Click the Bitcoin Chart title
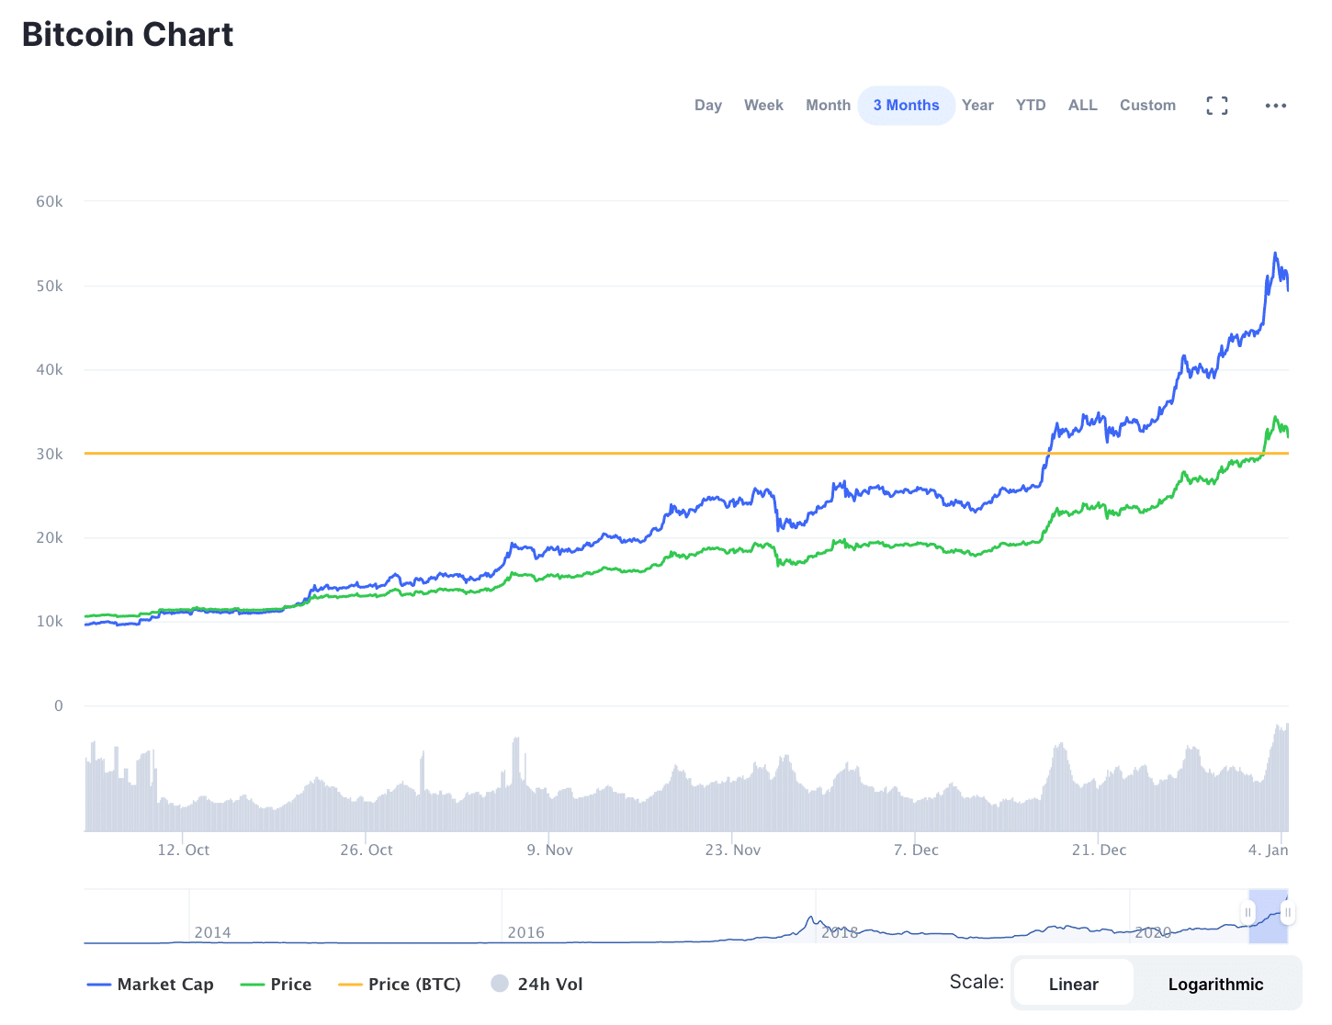pos(128,35)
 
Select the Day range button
pos(707,106)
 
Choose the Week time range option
pos(763,106)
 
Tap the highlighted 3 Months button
pos(906,106)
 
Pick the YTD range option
pos(1031,106)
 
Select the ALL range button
pos(1082,106)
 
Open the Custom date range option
pos(1147,106)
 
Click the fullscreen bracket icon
pos(1217,106)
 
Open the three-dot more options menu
pos(1275,106)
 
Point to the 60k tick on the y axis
pos(50,202)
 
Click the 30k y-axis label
pos(50,455)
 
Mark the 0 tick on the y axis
pos(59,706)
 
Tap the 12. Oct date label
pos(184,850)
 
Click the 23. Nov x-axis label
pos(733,850)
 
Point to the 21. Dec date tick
pos(1099,850)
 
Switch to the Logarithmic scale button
pos(1215,985)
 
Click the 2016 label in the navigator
pos(525,933)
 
